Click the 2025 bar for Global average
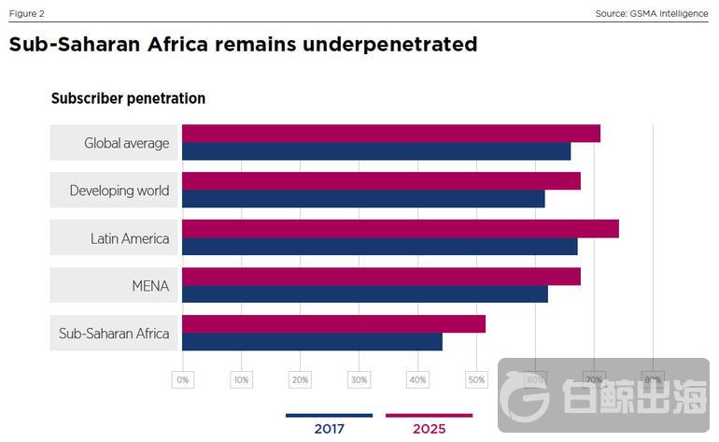(x=390, y=134)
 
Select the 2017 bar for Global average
(x=375, y=151)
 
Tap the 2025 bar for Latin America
(x=400, y=229)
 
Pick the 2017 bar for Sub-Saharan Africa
(x=312, y=342)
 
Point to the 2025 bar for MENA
(x=381, y=277)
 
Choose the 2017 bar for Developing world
(x=362, y=199)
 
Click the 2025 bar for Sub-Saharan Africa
(x=333, y=324)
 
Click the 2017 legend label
(x=329, y=429)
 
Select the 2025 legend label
(x=429, y=429)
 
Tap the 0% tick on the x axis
(x=182, y=379)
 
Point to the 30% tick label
(x=359, y=379)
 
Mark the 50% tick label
(x=476, y=379)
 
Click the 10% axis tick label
(x=241, y=379)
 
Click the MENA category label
(x=150, y=286)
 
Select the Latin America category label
(x=130, y=238)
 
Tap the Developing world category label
(x=120, y=191)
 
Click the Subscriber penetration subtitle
(x=128, y=98)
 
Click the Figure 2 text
(x=26, y=13)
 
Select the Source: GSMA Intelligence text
(x=651, y=13)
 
